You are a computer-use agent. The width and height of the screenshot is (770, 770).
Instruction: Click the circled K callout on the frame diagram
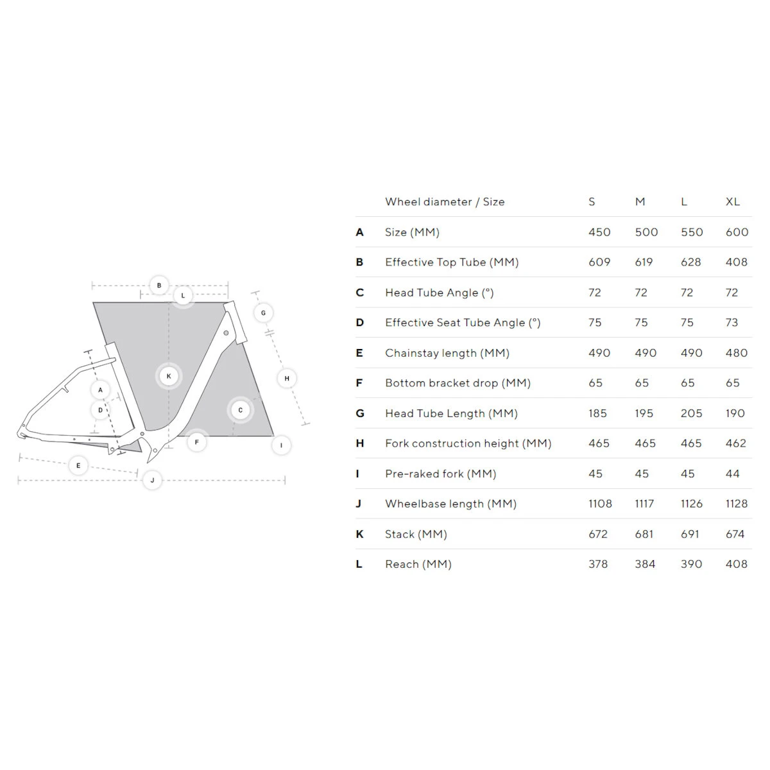pyautogui.click(x=169, y=376)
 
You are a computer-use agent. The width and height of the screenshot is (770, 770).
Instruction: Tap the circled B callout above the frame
pyautogui.click(x=159, y=286)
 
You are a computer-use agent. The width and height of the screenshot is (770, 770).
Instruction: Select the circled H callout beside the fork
pyautogui.click(x=287, y=379)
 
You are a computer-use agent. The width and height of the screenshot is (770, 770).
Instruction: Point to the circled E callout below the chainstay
pyautogui.click(x=78, y=465)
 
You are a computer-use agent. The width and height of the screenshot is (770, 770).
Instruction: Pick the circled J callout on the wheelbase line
pyautogui.click(x=152, y=480)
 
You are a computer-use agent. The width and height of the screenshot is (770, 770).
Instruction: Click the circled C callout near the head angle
pyautogui.click(x=241, y=410)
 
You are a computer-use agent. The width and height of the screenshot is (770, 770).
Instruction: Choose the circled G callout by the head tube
pyautogui.click(x=263, y=313)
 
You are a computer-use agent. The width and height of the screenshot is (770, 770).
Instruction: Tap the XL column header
pyautogui.click(x=733, y=201)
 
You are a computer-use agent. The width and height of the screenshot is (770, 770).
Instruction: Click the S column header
pyautogui.click(x=592, y=201)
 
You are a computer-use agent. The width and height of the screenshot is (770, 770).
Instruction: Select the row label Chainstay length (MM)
pyautogui.click(x=447, y=353)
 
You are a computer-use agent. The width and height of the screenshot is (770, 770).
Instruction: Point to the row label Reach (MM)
pyautogui.click(x=418, y=564)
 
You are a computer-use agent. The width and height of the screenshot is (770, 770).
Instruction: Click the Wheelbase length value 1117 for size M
pyautogui.click(x=644, y=504)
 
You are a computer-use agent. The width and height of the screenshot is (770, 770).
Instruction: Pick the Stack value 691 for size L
pyautogui.click(x=690, y=534)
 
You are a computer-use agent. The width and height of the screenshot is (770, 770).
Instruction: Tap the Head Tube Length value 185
pyautogui.click(x=597, y=413)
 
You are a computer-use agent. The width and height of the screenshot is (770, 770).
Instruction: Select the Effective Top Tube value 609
pyautogui.click(x=599, y=262)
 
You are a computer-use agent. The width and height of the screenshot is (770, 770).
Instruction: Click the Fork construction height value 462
pyautogui.click(x=736, y=443)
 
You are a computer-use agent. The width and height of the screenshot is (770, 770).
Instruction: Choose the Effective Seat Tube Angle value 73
pyautogui.click(x=732, y=323)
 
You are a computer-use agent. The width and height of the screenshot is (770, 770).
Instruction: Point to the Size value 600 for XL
pyautogui.click(x=737, y=232)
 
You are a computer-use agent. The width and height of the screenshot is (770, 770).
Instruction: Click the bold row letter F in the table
pyautogui.click(x=359, y=383)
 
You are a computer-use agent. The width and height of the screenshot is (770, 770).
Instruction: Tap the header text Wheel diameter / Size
pyautogui.click(x=445, y=201)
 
